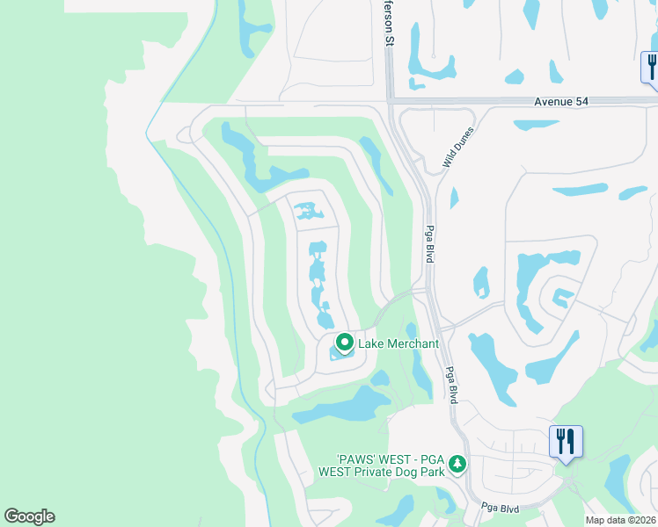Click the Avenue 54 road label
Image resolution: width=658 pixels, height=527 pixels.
click(x=560, y=102)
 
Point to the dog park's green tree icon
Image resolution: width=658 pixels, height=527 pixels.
click(x=457, y=463)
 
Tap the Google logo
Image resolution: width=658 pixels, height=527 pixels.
click(x=29, y=516)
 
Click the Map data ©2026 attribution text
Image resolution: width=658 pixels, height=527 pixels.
click(x=620, y=520)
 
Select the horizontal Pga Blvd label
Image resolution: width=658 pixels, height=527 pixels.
click(x=501, y=508)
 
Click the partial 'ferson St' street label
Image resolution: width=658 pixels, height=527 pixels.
click(x=387, y=23)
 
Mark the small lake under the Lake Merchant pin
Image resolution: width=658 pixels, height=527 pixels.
click(x=340, y=355)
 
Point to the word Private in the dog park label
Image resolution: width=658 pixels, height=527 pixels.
click(x=379, y=472)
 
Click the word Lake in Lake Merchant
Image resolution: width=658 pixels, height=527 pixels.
click(x=370, y=343)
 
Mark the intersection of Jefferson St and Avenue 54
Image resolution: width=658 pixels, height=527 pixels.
click(x=389, y=102)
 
